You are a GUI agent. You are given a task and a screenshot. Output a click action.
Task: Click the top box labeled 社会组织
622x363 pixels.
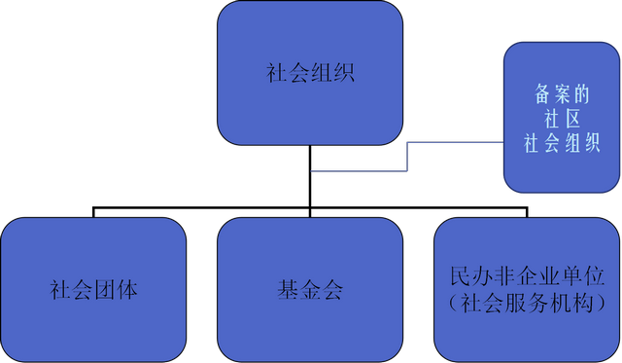coord(310,73)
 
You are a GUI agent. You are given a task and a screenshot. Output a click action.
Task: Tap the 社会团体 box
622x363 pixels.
coord(93,290)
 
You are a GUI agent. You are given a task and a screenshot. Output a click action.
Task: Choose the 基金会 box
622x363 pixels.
coord(310,290)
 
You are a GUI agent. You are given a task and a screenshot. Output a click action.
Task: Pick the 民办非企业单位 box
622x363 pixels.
coord(527,290)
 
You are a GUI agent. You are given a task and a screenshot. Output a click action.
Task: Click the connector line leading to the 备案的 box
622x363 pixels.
coord(408,156)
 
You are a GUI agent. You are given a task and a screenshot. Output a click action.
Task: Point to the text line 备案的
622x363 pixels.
coord(562,94)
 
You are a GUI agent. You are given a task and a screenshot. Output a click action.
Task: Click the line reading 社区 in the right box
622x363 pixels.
coord(562,118)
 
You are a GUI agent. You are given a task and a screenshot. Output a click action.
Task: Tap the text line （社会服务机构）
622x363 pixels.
coord(527,303)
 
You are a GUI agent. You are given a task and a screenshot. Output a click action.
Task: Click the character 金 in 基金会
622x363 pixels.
coord(310,290)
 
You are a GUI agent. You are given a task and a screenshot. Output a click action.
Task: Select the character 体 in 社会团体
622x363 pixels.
coord(127,290)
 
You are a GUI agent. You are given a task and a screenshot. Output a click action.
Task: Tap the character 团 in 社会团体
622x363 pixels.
coord(105,290)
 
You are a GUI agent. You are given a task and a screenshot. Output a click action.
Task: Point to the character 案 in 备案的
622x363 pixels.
coord(562,94)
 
